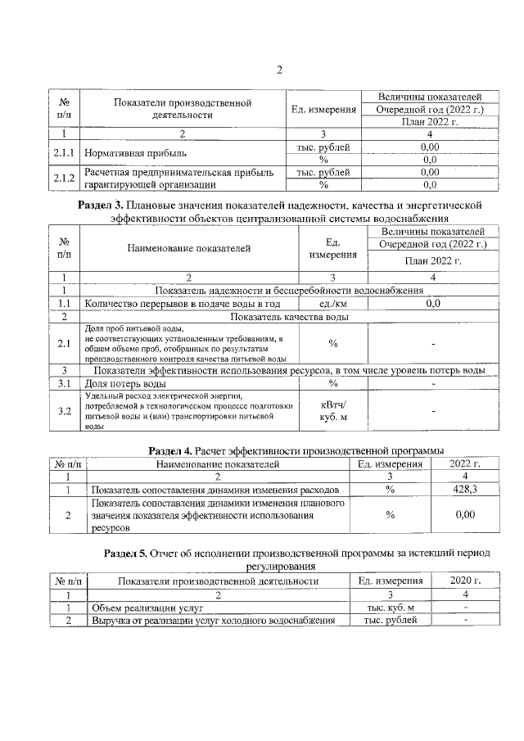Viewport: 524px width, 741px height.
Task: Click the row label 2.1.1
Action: click(x=63, y=153)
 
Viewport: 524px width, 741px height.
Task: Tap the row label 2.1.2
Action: click(x=63, y=178)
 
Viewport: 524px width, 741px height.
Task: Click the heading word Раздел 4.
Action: click(x=169, y=450)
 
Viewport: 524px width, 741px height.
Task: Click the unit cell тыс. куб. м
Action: click(x=391, y=608)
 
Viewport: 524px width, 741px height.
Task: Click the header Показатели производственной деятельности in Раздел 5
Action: click(x=218, y=581)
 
